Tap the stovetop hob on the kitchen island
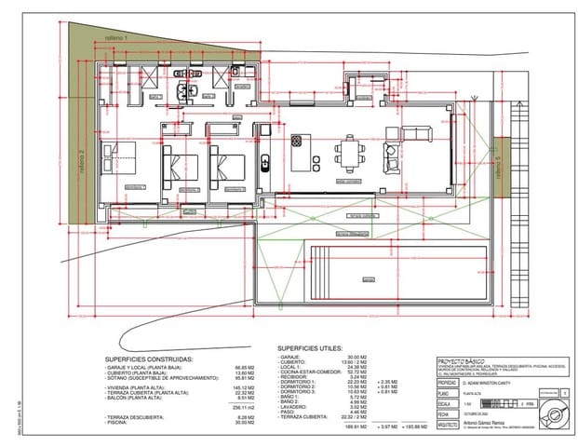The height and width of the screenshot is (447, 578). (297, 141)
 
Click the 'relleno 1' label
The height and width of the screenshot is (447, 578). (115, 35)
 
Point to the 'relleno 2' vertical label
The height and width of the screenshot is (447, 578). (83, 164)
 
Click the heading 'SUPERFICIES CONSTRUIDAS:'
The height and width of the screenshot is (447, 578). (149, 357)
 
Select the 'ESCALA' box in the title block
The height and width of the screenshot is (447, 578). (447, 403)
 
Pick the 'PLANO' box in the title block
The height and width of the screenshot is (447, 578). (447, 394)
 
